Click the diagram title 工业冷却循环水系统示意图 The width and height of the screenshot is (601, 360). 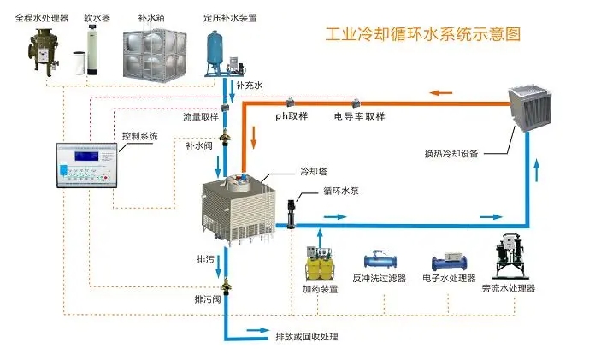424,35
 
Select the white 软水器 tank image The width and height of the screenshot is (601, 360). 93,50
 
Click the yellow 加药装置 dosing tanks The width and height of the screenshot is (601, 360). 320,264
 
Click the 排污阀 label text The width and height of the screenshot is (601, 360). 208,300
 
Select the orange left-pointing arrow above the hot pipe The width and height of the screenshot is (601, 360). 442,92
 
